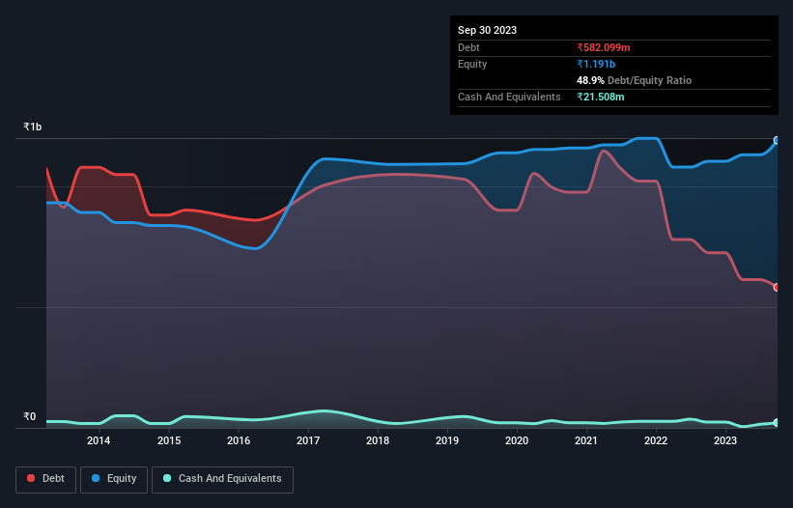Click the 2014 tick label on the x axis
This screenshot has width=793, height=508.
coord(98,441)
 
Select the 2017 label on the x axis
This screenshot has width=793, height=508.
coord(308,441)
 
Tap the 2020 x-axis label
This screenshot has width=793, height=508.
coord(517,441)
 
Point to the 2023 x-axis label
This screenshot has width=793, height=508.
coord(725,441)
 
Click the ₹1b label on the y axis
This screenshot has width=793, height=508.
coord(33,127)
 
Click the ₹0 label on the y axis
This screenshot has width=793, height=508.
coord(29,417)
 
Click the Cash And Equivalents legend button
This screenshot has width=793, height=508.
coord(222,479)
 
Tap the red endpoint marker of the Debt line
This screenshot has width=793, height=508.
coord(777,288)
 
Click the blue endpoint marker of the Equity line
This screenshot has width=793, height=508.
coord(777,141)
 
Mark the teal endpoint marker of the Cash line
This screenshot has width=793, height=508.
coord(777,423)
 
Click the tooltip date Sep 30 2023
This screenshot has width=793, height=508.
coord(487,30)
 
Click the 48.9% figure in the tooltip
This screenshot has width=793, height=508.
coord(590,80)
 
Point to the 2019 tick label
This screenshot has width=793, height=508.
coord(447,441)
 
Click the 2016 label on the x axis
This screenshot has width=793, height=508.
coord(238,441)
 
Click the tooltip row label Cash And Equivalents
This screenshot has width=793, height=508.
coord(509,97)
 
